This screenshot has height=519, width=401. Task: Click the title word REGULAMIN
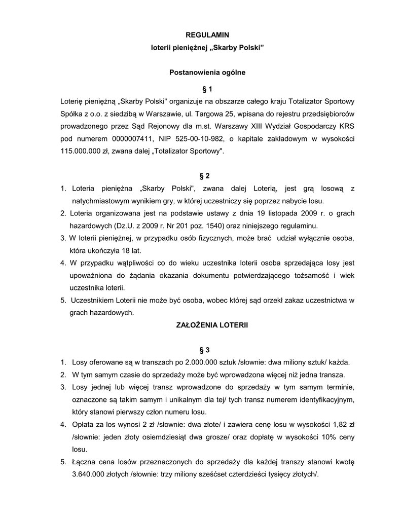[x=207, y=35]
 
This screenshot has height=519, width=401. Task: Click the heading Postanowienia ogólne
[x=207, y=72]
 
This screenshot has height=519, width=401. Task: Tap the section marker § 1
[x=207, y=90]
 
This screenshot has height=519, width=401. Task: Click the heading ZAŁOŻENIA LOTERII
[x=207, y=324]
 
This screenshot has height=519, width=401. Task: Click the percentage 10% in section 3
[x=325, y=437]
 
